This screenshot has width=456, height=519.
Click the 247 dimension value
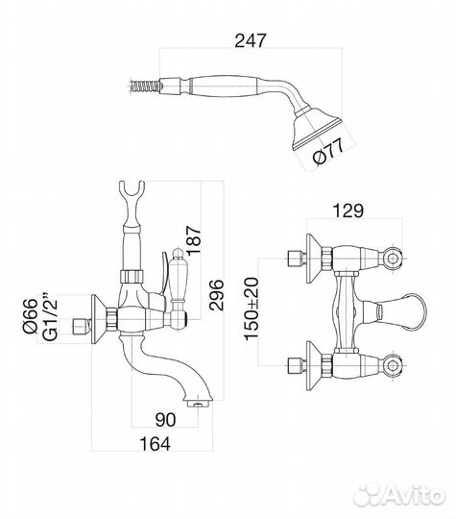pyautogui.click(x=250, y=40)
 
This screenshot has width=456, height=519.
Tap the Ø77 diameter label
pyautogui.click(x=328, y=151)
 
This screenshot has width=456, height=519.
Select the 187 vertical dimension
pyautogui.click(x=194, y=240)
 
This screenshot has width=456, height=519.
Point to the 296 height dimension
pyautogui.click(x=216, y=295)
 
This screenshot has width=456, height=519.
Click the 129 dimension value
pyautogui.click(x=348, y=210)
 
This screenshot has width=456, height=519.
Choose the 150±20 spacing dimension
pyautogui.click(x=252, y=309)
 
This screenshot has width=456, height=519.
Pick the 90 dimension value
pyautogui.click(x=165, y=420)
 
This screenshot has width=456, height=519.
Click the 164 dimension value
pyautogui.click(x=156, y=444)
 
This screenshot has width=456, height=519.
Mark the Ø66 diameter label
pyautogui.click(x=31, y=316)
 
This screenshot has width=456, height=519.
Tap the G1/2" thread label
pyautogui.click(x=50, y=316)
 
